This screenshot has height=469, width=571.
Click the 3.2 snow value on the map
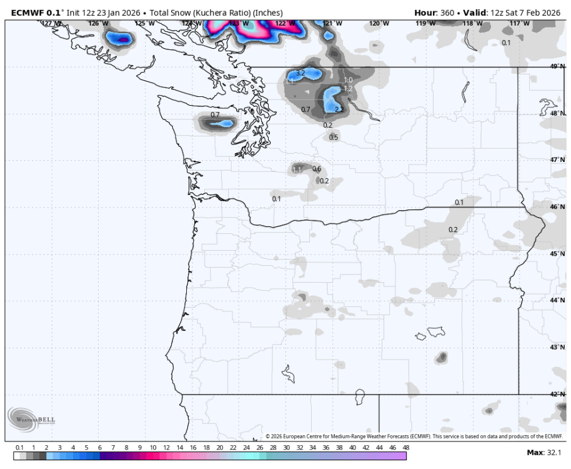tap(300, 73)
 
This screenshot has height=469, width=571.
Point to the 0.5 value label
tap(334, 138)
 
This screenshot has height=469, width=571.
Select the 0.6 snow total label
tap(317, 169)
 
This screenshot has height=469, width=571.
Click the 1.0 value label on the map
tap(349, 80)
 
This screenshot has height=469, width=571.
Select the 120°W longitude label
tap(379, 23)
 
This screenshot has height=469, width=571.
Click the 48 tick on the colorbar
tap(406, 448)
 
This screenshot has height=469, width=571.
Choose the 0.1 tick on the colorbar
tap(19, 448)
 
